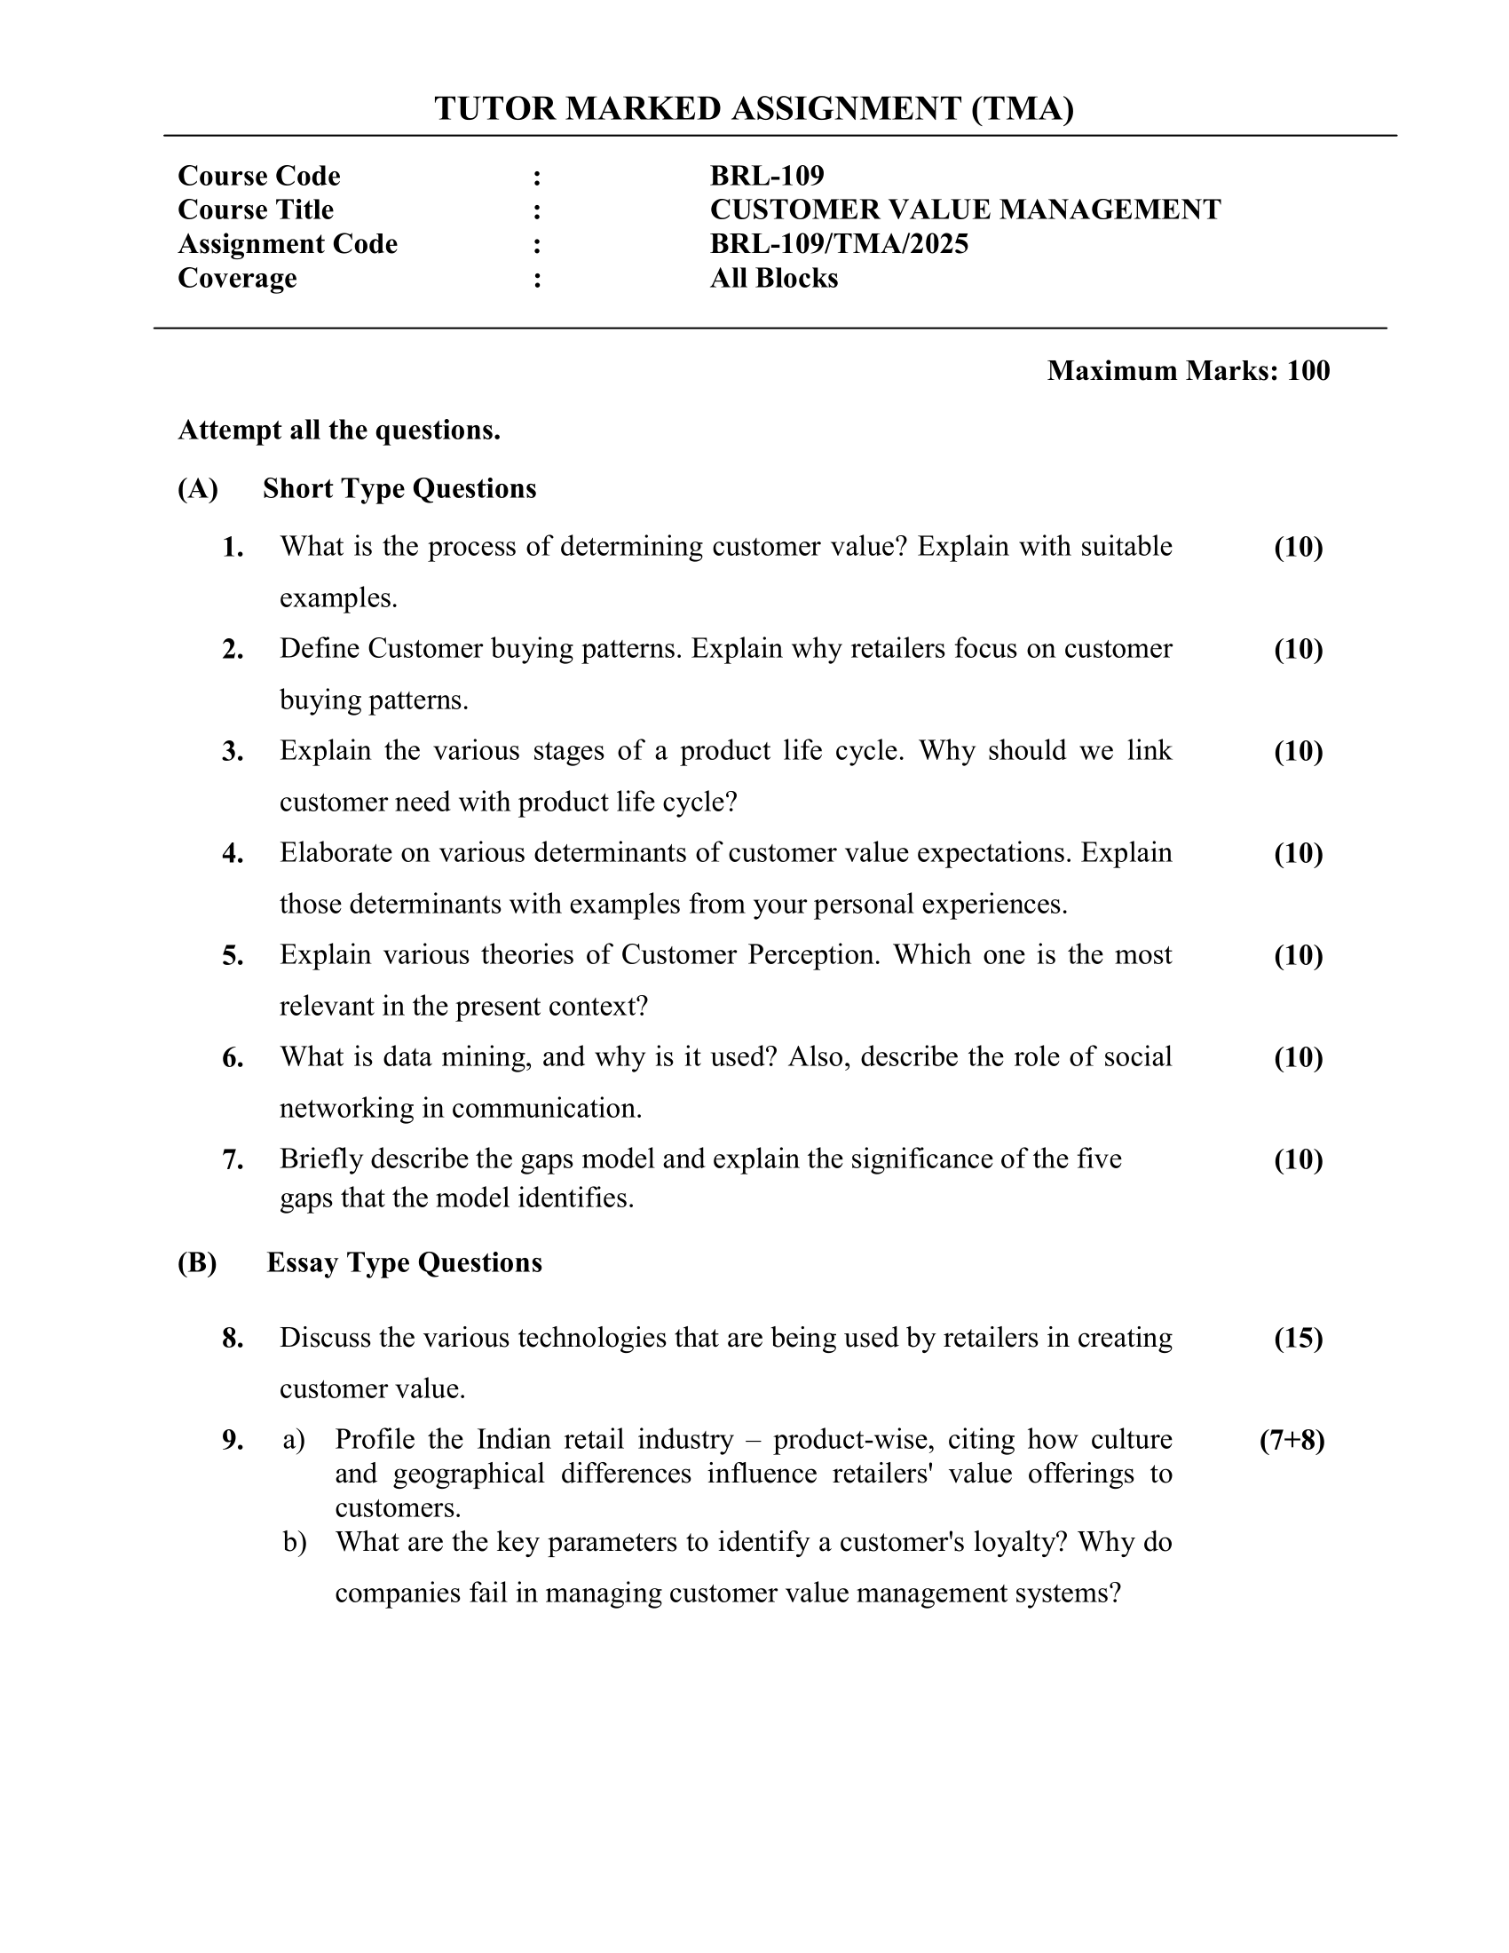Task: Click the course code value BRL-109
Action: pyautogui.click(x=766, y=175)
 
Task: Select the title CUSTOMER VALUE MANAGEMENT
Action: pyautogui.click(x=965, y=210)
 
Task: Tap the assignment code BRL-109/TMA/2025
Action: pyautogui.click(x=839, y=243)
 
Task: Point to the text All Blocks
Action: pyautogui.click(x=773, y=278)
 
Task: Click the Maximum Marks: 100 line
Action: pyautogui.click(x=1187, y=370)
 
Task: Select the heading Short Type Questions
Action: pyautogui.click(x=399, y=488)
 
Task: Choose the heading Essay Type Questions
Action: pyautogui.click(x=404, y=1261)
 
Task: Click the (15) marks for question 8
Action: pyautogui.click(x=1298, y=1338)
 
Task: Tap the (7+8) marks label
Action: pyautogui.click(x=1292, y=1440)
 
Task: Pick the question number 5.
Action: pyautogui.click(x=233, y=955)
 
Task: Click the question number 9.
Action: pyautogui.click(x=233, y=1440)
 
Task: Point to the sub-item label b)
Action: pyautogui.click(x=294, y=1542)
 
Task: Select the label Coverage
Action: pyautogui.click(x=237, y=278)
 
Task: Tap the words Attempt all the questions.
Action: pyautogui.click(x=339, y=431)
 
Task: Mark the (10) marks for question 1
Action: pyautogui.click(x=1298, y=546)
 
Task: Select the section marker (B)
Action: pyautogui.click(x=197, y=1261)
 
